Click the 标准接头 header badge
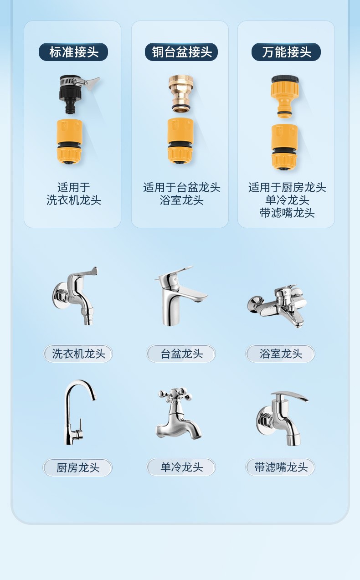73,52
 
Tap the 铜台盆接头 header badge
181,52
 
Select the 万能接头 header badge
286,52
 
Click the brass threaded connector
180,94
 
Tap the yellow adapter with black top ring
285,96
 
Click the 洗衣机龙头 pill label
78,354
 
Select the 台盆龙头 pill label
181,354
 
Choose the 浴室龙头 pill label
280,354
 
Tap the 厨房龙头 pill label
77,467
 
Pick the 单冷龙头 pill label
181,467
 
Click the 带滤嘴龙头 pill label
280,467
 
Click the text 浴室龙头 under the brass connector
181,200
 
